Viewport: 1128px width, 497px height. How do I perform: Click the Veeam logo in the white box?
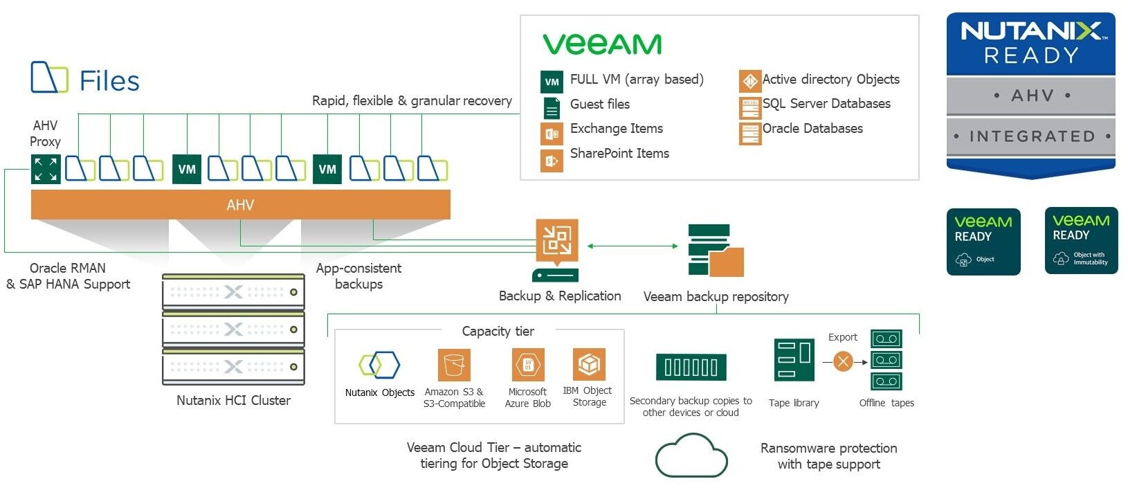coord(602,44)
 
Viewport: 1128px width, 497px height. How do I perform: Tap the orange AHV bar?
coord(240,205)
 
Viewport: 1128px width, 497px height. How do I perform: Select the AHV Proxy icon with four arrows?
coord(46,169)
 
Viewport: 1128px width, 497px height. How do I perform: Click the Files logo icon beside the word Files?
coord(49,77)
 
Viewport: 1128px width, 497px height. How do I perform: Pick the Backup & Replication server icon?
coord(556,250)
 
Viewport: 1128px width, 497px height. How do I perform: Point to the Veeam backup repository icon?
coord(716,251)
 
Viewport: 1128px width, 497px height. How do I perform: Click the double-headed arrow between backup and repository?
coord(633,246)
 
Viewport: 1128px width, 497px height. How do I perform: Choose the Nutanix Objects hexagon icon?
coord(379,365)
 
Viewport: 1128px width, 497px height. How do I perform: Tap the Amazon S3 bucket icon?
coord(454,365)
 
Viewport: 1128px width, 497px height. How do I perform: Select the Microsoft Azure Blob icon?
coord(527,365)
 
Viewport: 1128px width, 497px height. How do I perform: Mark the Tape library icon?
coord(794,360)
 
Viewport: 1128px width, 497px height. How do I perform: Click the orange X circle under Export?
coord(843,361)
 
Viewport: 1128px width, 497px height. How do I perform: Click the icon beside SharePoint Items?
coord(552,161)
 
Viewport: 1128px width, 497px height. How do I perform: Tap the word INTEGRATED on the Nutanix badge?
coord(1031,136)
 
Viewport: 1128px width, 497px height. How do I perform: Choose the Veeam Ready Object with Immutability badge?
coord(1081,240)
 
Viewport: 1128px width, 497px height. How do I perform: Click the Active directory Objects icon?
coord(750,81)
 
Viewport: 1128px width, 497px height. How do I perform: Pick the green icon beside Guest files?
coord(552,108)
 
